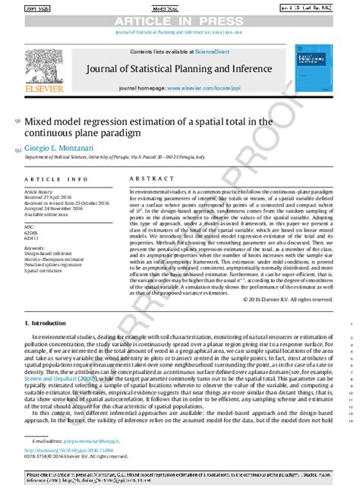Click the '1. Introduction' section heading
pos(46,323)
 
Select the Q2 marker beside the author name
pos(17,150)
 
